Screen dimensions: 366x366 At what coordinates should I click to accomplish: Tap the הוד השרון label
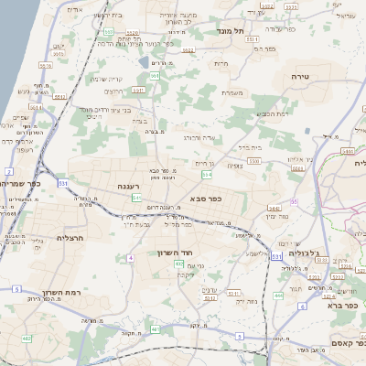pyautogui.click(x=173, y=252)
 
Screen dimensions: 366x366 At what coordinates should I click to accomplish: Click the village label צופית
pyautogui.click(x=235, y=166)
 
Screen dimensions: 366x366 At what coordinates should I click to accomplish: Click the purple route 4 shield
pyautogui.click(x=131, y=259)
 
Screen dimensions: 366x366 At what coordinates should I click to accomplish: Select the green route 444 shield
pyautogui.click(x=278, y=296)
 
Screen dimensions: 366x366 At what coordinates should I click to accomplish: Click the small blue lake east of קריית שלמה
pyautogui.click(x=145, y=62)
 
